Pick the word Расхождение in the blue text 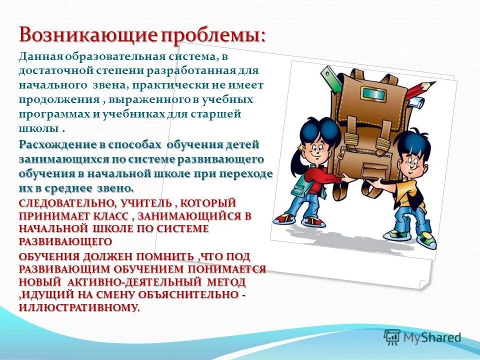(x=54, y=145)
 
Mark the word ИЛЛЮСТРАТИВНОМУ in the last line (x=79, y=307)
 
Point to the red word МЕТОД (x=225, y=282)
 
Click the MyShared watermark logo (x=422, y=337)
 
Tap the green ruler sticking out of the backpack (x=330, y=77)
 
